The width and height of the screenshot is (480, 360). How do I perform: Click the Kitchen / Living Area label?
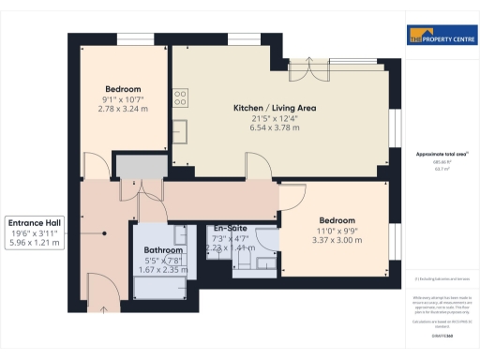click(274, 109)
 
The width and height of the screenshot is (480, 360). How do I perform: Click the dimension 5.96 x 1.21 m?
click(34, 243)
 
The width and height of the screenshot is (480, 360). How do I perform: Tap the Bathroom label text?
click(164, 250)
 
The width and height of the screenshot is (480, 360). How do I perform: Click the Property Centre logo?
click(437, 37)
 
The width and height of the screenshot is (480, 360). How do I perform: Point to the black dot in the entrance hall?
click(104, 233)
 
